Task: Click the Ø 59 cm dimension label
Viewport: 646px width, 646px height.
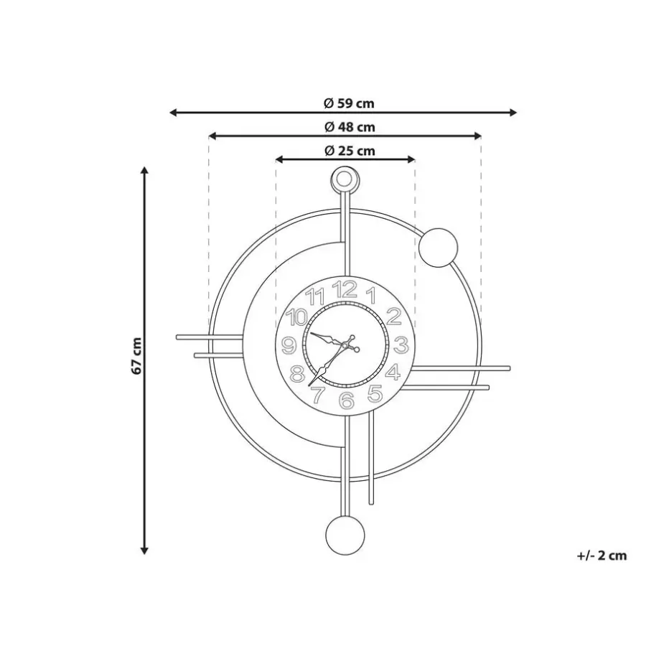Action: (349, 103)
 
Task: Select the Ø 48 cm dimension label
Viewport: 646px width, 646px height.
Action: (350, 127)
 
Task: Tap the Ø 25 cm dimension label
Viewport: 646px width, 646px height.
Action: (350, 151)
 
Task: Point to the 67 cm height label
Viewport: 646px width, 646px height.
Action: (137, 356)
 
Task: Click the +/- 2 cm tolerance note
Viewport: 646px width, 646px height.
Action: (602, 556)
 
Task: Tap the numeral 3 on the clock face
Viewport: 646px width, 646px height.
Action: (401, 345)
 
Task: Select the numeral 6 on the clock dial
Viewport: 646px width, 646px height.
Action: (347, 400)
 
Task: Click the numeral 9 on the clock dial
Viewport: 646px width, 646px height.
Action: (289, 346)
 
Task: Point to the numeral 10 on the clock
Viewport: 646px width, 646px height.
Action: (297, 318)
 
